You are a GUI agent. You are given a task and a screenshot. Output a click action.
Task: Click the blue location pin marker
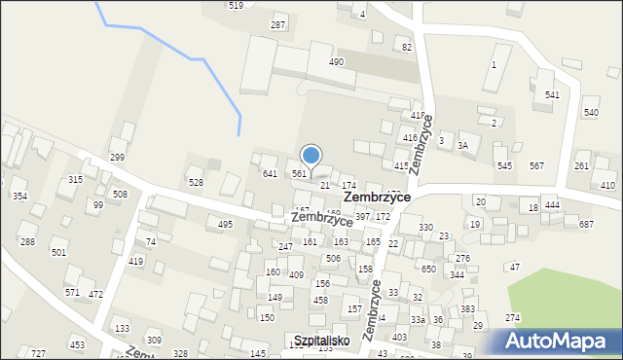click(311, 155)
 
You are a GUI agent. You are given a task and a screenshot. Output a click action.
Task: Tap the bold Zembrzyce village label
click(377, 197)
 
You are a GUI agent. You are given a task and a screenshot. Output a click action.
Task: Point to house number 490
click(336, 62)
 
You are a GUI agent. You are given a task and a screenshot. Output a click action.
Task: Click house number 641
click(271, 173)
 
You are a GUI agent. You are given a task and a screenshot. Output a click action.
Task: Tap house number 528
click(196, 182)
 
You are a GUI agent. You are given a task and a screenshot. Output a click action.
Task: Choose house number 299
click(117, 157)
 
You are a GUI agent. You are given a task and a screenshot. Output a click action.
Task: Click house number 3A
click(463, 145)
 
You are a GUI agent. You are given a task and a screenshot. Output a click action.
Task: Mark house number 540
click(591, 113)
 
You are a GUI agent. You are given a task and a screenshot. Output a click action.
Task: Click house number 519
click(236, 6)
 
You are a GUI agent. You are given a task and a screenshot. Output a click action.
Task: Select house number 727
click(38, 352)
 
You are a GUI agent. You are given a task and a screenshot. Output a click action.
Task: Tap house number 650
click(428, 269)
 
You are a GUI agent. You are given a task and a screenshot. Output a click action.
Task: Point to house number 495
click(225, 224)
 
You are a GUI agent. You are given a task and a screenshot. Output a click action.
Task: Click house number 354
click(19, 197)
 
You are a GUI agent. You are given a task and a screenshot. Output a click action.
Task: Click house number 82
click(407, 47)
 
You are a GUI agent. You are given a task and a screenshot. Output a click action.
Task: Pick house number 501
click(58, 252)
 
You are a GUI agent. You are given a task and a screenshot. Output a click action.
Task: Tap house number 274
click(512, 318)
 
